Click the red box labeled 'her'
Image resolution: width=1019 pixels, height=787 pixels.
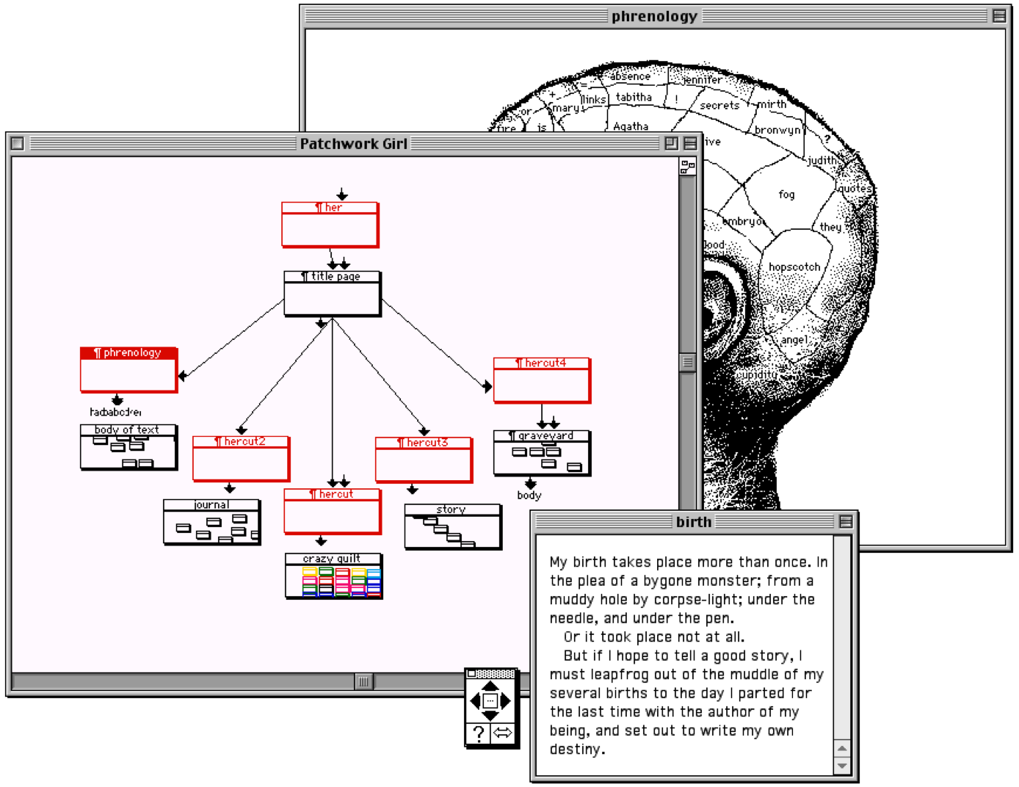pyautogui.click(x=330, y=225)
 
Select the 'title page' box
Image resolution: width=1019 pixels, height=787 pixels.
pyautogui.click(x=332, y=294)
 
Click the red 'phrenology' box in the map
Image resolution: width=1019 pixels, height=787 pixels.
pyautogui.click(x=128, y=370)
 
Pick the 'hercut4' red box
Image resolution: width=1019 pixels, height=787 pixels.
pyautogui.click(x=542, y=380)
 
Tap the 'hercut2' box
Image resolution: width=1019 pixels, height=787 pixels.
pyautogui.click(x=241, y=459)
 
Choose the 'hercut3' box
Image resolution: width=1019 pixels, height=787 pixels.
pyautogui.click(x=424, y=460)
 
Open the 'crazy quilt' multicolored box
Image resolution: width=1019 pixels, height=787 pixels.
pyautogui.click(x=334, y=576)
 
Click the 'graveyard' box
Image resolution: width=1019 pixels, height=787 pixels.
pyautogui.click(x=542, y=453)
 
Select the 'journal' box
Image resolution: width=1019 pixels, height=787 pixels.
pyautogui.click(x=211, y=522)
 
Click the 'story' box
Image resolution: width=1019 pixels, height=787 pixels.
pyautogui.click(x=452, y=526)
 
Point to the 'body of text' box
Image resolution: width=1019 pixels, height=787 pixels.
pyautogui.click(x=128, y=447)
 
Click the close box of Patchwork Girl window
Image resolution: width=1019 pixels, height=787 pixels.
pyautogui.click(x=18, y=144)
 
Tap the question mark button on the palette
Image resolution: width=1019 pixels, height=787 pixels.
pyautogui.click(x=479, y=733)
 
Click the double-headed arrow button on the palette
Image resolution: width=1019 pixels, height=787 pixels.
pyautogui.click(x=503, y=733)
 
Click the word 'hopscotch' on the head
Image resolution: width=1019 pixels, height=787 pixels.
pyautogui.click(x=794, y=267)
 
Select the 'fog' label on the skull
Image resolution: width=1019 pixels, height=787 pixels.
pyautogui.click(x=786, y=195)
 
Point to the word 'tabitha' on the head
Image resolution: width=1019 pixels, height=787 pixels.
pyautogui.click(x=634, y=97)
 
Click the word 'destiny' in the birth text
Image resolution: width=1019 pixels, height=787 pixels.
pyautogui.click(x=576, y=750)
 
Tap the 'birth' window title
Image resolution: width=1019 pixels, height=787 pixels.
pyautogui.click(x=694, y=522)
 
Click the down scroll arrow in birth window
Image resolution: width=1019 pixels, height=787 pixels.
pyautogui.click(x=842, y=766)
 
